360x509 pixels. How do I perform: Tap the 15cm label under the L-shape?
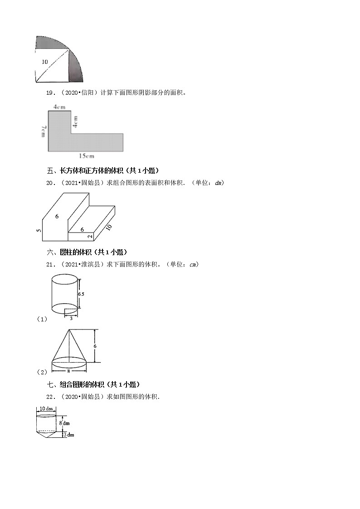point(86,156)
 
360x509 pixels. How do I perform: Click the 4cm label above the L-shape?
point(58,107)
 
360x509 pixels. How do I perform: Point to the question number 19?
point(50,93)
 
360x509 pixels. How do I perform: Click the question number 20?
point(50,183)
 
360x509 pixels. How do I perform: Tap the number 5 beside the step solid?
point(39,230)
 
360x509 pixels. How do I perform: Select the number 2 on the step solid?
point(90,236)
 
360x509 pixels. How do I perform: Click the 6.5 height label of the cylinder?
point(81,294)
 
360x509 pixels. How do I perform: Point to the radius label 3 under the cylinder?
point(71,318)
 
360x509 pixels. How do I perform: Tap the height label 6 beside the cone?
point(102,346)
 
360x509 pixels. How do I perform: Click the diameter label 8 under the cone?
point(69,370)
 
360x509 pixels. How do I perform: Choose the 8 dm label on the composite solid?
point(64,423)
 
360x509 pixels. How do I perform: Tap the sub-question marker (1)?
point(42,319)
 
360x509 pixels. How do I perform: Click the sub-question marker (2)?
point(42,372)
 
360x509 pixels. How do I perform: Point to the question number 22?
point(50,397)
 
